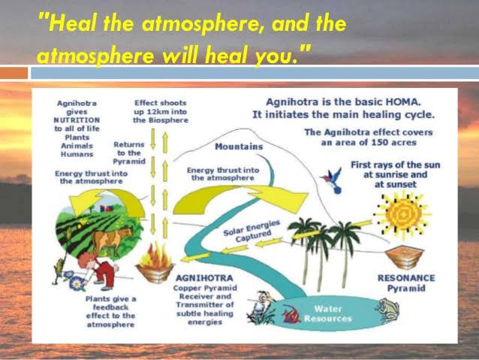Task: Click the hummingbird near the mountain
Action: click(x=328, y=178)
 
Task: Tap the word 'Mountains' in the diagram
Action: click(x=239, y=147)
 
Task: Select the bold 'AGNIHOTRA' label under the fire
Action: click(x=197, y=277)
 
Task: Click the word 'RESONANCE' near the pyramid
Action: click(x=405, y=277)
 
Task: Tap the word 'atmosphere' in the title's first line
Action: click(x=188, y=24)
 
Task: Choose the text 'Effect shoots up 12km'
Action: click(x=161, y=110)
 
